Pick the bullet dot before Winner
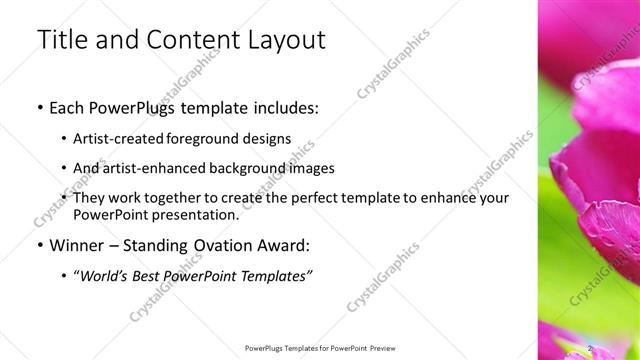(38, 245)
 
